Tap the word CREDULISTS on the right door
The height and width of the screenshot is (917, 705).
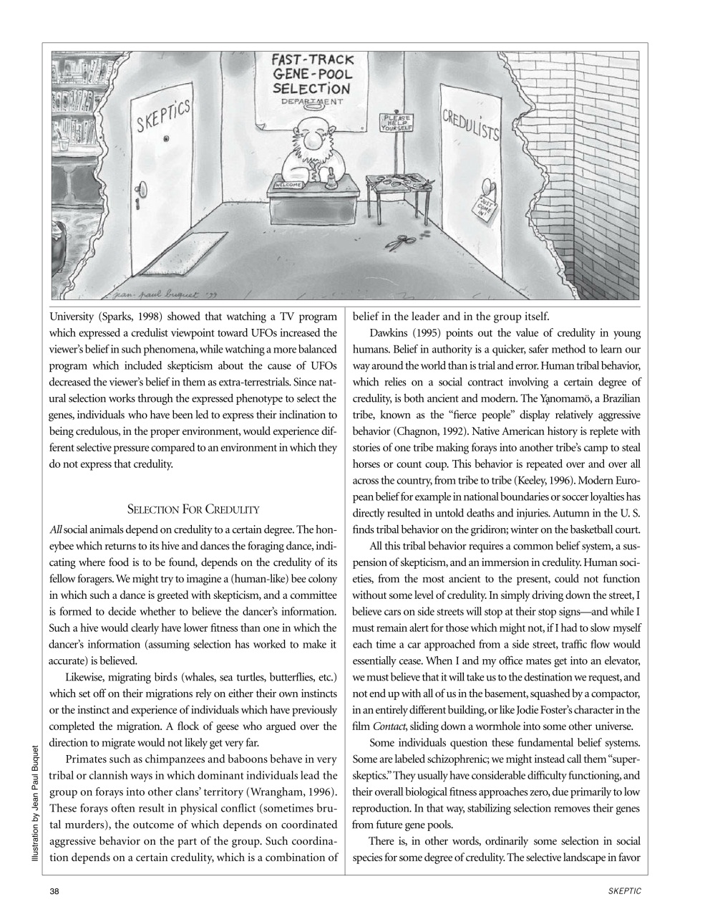tap(471, 125)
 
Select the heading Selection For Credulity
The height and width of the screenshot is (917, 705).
tap(193, 509)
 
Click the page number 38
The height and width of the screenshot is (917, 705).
tap(54, 890)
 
